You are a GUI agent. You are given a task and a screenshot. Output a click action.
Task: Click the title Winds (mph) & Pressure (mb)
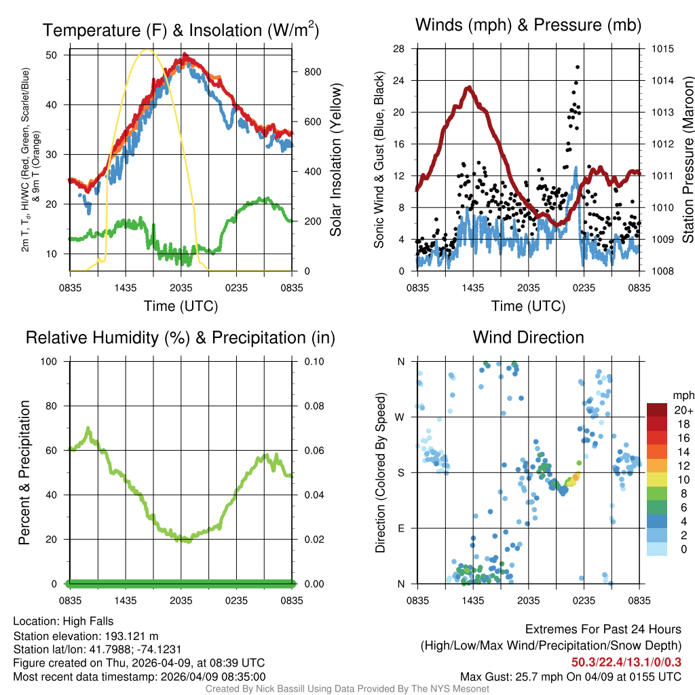(x=528, y=26)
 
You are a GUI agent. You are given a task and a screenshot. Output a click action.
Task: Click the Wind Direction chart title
(x=528, y=337)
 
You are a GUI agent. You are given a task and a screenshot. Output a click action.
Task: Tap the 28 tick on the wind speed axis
(x=399, y=49)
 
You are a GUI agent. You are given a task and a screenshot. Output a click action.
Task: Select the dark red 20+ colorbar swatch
(x=657, y=411)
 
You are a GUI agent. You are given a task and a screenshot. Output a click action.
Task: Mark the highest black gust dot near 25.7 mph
(x=578, y=67)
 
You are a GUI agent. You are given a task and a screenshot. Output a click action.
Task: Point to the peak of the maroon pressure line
(x=468, y=88)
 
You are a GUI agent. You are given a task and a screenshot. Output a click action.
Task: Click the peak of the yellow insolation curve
(x=148, y=50)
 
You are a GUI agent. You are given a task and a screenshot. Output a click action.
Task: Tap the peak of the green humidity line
(x=88, y=428)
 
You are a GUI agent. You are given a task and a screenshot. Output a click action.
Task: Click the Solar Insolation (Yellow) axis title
(x=335, y=160)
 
